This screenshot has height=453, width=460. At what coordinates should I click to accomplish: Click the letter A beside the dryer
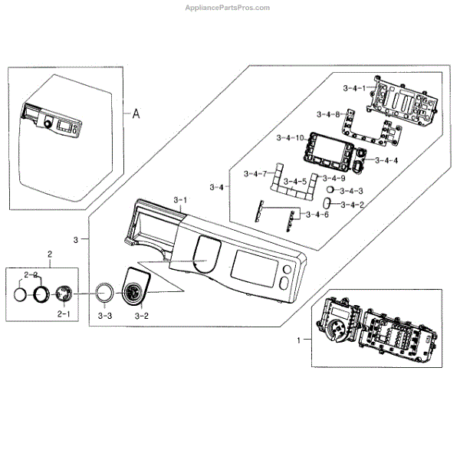coord(136,114)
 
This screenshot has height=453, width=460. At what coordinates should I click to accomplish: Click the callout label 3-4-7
coord(255,174)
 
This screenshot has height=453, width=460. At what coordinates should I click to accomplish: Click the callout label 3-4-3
coord(350,190)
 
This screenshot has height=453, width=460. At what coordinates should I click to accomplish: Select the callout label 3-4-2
coord(350,205)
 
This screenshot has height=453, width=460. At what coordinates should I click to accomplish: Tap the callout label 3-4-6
coord(316,215)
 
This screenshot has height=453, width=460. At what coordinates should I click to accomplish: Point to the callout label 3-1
coord(181,201)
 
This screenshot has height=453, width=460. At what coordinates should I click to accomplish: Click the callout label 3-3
coord(106,315)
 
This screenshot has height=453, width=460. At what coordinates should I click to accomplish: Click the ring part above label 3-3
coord(104,293)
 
